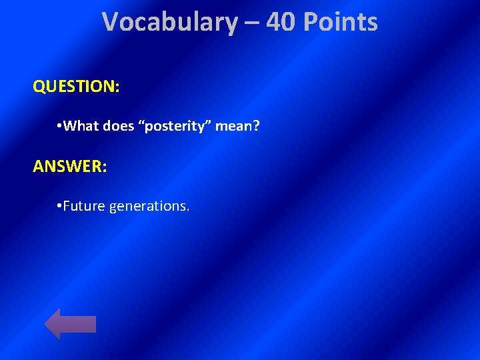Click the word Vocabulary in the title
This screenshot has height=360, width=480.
169,23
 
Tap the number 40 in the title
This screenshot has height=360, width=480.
281,23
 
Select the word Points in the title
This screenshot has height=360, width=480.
340,23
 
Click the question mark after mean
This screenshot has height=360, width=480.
255,126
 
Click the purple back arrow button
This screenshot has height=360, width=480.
70,323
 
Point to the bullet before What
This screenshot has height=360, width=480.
60,126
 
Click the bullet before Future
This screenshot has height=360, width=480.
60,206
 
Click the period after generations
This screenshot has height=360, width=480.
188,210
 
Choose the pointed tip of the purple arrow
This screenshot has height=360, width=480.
45,323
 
